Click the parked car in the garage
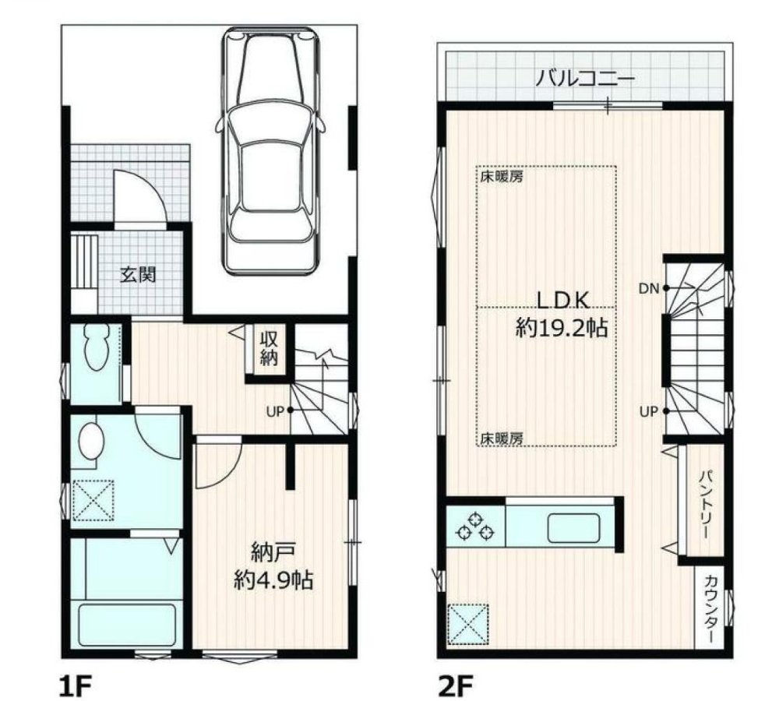click(x=270, y=150)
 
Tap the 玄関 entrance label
click(x=138, y=275)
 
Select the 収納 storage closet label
click(x=269, y=349)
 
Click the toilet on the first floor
click(x=97, y=347)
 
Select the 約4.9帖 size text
click(x=273, y=579)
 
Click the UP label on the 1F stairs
click(x=275, y=411)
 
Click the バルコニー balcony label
click(x=585, y=79)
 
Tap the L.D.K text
click(x=563, y=301)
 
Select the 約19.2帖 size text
click(x=562, y=328)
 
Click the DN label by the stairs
click(x=649, y=288)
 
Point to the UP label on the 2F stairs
click(x=648, y=411)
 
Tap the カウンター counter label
click(x=711, y=609)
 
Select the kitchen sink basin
click(x=573, y=528)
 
